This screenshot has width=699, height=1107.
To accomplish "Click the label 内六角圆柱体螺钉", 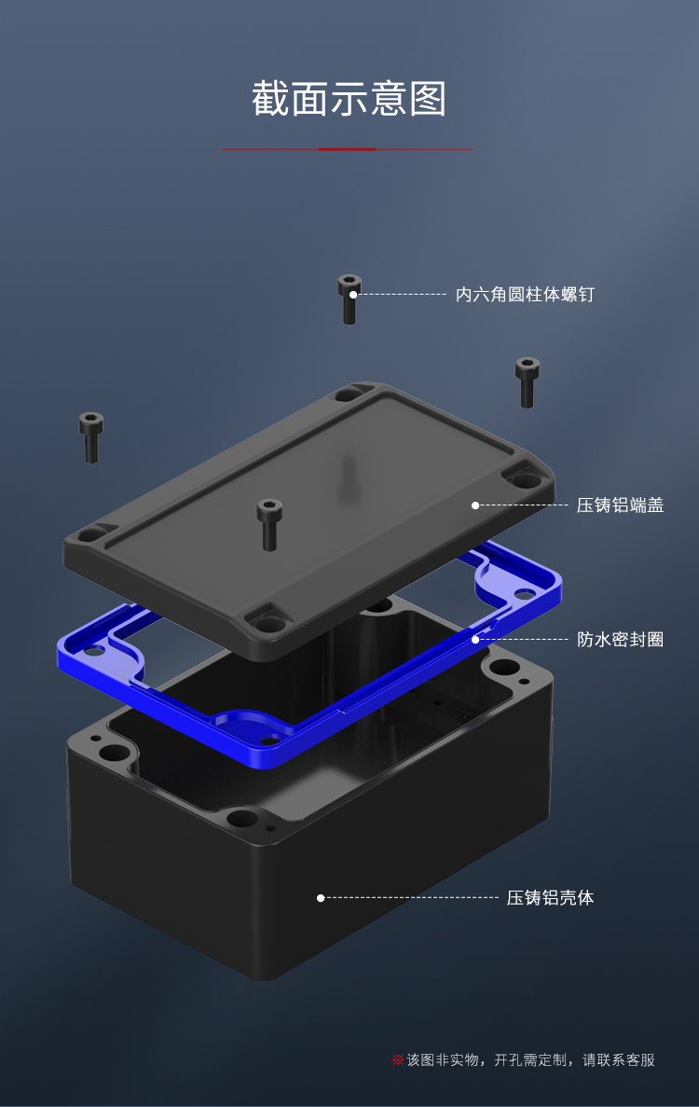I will pos(525,295).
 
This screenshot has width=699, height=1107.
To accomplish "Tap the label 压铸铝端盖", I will pos(620,505).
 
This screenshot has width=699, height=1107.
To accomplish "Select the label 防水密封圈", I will pos(620,640).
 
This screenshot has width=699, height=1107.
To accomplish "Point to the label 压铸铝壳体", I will pos(550,898).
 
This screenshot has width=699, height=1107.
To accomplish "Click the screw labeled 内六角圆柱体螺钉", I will pos(349,298).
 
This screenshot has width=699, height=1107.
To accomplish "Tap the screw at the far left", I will pos(90,436).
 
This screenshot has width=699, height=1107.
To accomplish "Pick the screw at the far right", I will pos(528,381).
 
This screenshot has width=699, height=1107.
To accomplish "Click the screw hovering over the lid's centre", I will pos(268,523).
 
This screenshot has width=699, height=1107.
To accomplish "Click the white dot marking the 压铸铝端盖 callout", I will pos(475,505).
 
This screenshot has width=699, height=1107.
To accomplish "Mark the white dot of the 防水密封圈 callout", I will pos(475,640).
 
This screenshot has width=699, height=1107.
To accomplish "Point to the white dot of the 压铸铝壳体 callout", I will pos(321,898).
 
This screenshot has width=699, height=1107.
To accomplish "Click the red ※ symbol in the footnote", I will pos(398,1060).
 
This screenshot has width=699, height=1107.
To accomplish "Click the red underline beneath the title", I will pos(347,149).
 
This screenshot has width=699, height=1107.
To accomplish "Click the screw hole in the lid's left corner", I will pos(90,536).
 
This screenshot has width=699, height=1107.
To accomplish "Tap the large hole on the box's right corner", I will pos(504,668).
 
